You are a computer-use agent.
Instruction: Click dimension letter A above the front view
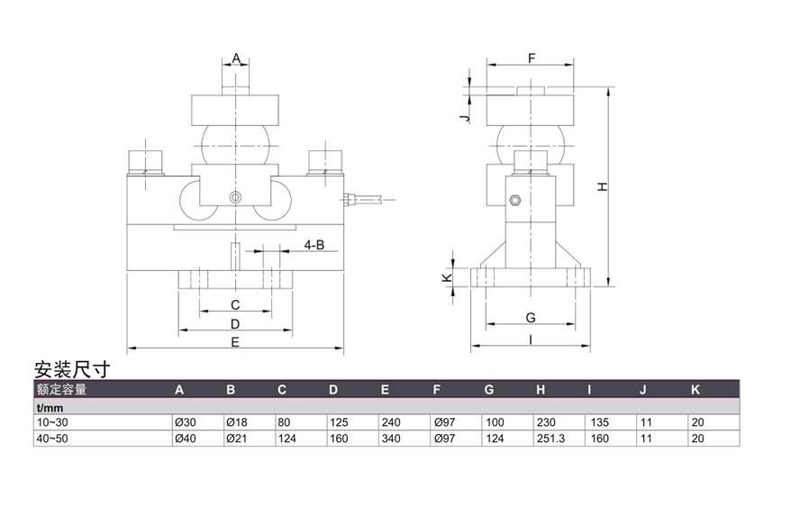236,59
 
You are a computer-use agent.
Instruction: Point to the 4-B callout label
314,244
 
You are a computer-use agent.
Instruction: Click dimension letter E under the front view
234,341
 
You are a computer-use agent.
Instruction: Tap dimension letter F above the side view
532,59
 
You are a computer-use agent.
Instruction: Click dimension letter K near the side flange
449,279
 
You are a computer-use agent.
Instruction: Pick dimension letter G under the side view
531,317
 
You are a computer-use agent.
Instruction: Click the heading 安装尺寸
71,369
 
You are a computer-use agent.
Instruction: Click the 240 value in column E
390,421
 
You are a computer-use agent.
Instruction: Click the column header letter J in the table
642,389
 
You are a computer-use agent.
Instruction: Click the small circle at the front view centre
234,197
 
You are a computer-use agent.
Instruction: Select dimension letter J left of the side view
463,117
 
